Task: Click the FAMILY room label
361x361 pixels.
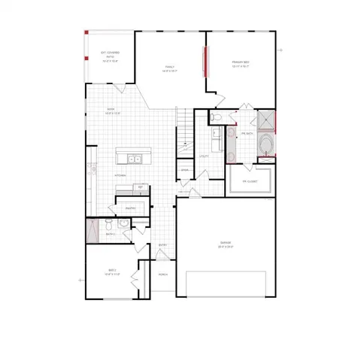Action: coord(170,68)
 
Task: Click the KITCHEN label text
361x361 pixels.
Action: coord(120,175)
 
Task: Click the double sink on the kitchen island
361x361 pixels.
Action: coord(133,159)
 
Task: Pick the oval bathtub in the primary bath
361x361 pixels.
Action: coord(265,144)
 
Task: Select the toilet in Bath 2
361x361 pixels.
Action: coord(108,224)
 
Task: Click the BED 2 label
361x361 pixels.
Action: coord(111,272)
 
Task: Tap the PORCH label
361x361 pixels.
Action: coord(163,275)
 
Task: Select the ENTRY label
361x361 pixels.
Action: coord(163,244)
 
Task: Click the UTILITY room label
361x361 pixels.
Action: coord(203,156)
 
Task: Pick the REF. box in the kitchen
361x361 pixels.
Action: coord(140,187)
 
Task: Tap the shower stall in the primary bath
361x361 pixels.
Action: coord(265,120)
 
